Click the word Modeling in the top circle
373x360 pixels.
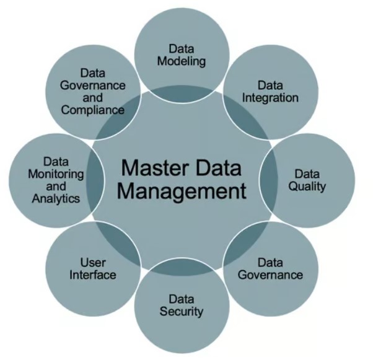182,61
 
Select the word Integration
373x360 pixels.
270,98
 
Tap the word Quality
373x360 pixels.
307,187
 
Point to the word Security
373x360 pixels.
182,312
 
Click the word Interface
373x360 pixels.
93,275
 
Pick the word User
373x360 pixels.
93,263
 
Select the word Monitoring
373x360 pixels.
56,174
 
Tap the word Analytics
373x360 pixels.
56,199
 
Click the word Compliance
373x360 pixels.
93,110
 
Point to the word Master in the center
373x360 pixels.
152,168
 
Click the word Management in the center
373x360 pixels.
182,191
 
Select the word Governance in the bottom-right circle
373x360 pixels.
270,275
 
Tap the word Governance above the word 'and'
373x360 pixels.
93,86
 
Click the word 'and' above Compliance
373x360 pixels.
93,98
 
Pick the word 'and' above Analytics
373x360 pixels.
56,187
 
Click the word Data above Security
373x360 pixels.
182,299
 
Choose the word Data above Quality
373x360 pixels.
307,174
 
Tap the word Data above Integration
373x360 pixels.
270,86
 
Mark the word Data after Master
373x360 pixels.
216,168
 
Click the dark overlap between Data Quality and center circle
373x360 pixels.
268,180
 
